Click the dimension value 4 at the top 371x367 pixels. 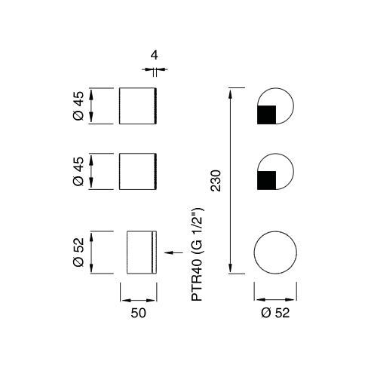point(155,55)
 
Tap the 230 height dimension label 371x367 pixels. point(216,181)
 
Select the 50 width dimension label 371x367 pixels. point(138,313)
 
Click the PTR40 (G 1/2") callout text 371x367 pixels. point(197,254)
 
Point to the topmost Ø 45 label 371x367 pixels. point(78,106)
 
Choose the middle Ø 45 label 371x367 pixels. point(78,171)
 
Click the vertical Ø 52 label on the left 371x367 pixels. point(78,252)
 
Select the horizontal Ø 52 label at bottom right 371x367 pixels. point(275,313)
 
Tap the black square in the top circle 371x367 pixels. point(266,115)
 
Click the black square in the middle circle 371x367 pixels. point(266,180)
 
